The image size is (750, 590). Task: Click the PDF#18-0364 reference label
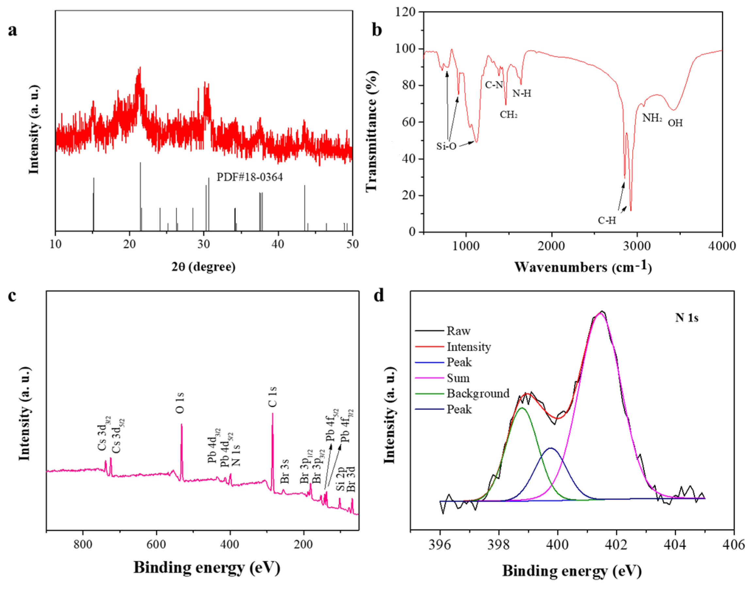point(249,177)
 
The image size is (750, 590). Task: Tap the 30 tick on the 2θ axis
point(204,245)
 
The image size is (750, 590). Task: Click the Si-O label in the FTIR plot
point(446,147)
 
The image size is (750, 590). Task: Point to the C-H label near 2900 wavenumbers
point(607,220)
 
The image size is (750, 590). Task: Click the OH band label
point(675,123)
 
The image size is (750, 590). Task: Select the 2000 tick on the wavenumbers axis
point(552,246)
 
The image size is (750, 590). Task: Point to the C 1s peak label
point(273,397)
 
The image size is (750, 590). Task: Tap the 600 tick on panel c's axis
point(156,545)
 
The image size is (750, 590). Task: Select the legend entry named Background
point(478,393)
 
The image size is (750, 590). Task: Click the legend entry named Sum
point(458,378)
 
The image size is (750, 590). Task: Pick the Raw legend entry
point(458,331)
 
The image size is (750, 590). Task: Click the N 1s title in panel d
point(686,318)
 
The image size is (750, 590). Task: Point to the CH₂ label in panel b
point(508,114)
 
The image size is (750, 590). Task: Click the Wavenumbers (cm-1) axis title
point(583,267)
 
